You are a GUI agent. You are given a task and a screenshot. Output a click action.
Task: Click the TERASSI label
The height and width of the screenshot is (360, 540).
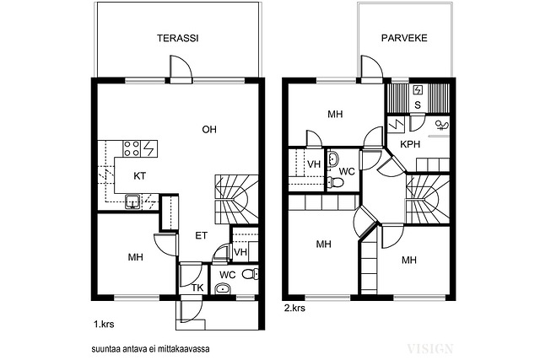click(178, 38)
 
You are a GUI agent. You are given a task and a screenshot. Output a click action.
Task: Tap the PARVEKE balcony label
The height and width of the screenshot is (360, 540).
click(404, 38)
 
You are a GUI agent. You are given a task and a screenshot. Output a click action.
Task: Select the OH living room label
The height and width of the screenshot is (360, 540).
click(209, 129)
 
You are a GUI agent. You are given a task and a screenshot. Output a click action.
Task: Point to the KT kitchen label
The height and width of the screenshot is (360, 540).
click(139, 176)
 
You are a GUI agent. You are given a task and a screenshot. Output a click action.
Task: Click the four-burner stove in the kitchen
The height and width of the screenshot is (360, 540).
click(132, 148)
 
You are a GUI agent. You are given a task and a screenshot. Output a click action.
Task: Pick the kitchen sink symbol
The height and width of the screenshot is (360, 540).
click(132, 201)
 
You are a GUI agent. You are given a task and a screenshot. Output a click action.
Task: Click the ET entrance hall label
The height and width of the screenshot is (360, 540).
click(202, 235)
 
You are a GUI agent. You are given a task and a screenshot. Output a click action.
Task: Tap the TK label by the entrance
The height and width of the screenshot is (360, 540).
click(197, 287)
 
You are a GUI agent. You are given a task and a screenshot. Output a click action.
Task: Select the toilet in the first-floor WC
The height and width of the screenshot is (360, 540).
click(250, 274)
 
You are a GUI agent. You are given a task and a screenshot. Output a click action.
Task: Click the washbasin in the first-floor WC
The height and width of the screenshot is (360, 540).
click(223, 288)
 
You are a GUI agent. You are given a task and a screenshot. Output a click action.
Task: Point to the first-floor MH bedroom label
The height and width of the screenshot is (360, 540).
click(135, 257)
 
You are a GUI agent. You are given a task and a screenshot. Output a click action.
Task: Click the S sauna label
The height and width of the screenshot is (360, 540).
click(418, 105)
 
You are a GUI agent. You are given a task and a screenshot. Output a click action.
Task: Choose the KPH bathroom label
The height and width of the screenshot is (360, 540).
click(410, 144)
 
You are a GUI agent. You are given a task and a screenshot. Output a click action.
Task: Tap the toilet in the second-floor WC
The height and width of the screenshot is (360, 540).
click(335, 182)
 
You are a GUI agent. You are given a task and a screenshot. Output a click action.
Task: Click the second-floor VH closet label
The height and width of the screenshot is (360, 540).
click(314, 164)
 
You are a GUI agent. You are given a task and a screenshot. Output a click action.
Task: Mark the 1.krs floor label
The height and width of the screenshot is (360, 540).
click(104, 324)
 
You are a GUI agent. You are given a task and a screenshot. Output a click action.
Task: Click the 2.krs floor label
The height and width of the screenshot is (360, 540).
click(294, 308)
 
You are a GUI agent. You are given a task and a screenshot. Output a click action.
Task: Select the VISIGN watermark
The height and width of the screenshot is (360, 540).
click(430, 349)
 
